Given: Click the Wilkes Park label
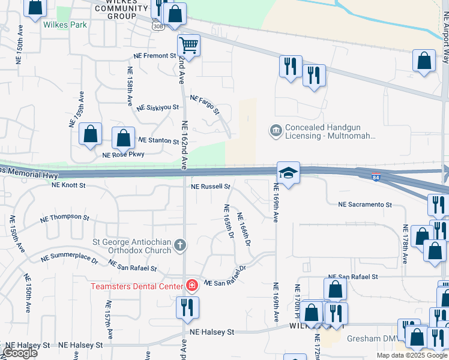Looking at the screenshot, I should [x=65, y=25].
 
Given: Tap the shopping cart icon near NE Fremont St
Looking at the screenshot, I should [x=188, y=45].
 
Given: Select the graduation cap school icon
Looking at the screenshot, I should [x=288, y=172].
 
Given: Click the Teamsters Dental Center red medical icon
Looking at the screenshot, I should [x=192, y=286].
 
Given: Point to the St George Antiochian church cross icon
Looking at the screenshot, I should [x=179, y=244].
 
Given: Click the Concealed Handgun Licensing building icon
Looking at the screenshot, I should [x=276, y=131].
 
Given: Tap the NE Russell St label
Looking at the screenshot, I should [x=211, y=187].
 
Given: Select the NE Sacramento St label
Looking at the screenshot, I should [x=365, y=205].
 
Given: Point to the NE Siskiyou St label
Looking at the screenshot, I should [x=158, y=107].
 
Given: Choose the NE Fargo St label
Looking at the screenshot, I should [x=205, y=104].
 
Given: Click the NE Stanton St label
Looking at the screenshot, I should [x=158, y=140].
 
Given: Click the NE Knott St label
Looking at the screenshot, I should [x=68, y=185].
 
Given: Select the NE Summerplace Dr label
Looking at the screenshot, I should [x=69, y=259].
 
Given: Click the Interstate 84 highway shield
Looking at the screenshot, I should [x=376, y=177].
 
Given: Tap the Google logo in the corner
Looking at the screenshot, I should [x=20, y=353].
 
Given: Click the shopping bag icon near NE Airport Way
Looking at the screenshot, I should [x=424, y=60].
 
